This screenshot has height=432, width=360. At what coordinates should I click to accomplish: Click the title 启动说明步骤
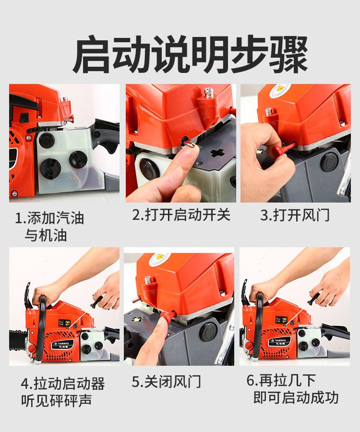(190, 54)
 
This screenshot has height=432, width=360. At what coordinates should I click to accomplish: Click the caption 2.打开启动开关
(181, 215)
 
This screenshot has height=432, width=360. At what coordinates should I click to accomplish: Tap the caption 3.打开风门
(295, 215)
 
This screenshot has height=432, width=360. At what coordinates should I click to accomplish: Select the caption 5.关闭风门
(167, 382)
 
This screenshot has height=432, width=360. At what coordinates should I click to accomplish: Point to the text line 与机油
(46, 236)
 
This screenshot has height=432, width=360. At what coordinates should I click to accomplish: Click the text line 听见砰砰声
(56, 400)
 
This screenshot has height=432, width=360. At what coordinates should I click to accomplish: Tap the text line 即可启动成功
(296, 397)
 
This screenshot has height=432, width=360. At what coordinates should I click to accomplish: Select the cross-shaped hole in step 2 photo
(216, 153)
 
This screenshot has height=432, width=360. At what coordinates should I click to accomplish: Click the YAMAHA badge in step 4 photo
(63, 344)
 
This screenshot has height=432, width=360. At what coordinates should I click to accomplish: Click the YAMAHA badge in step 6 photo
(279, 341)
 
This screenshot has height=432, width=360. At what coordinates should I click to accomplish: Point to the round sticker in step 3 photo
(279, 90)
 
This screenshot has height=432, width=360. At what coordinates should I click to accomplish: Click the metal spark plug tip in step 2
(208, 93)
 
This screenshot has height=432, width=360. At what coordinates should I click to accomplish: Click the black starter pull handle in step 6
(314, 298)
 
